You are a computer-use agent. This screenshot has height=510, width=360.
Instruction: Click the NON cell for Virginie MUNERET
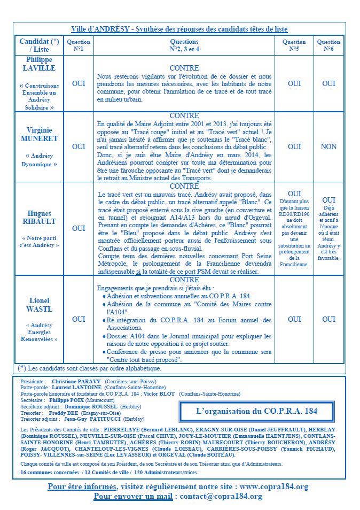328,146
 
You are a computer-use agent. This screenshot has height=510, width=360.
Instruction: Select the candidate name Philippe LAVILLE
40,64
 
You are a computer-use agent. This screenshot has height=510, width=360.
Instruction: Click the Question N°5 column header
294,45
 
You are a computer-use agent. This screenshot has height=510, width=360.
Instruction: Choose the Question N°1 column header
79,45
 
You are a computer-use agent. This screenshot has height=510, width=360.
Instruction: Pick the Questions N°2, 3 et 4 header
184,45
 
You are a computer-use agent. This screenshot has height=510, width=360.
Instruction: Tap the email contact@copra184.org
221,497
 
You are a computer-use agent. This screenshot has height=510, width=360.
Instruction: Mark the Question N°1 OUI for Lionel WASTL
79,319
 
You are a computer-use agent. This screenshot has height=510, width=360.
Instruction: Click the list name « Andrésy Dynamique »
40,160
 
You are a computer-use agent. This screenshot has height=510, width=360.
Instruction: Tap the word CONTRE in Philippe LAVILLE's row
184,68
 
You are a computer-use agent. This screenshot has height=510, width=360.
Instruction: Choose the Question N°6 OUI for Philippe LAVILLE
328,83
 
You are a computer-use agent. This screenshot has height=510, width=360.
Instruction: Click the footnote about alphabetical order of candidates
95,368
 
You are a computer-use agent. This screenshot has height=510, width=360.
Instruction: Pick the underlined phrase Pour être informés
82,486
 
